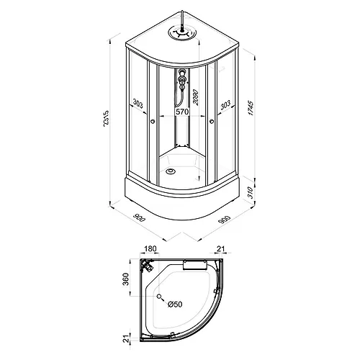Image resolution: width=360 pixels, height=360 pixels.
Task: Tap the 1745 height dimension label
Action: point(251,109)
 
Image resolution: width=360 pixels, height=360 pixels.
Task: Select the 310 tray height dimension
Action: point(251,192)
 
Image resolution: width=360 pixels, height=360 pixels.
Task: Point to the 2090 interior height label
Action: point(196,97)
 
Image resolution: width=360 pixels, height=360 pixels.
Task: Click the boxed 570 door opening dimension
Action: point(183,112)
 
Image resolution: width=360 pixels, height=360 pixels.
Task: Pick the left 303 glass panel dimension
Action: point(138,104)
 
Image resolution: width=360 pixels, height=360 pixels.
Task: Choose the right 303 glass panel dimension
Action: point(225,104)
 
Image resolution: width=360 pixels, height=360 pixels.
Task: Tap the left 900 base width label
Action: point(140,217)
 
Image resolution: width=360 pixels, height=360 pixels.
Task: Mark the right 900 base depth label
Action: point(225,220)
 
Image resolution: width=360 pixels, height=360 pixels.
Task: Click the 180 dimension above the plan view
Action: point(150,249)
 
